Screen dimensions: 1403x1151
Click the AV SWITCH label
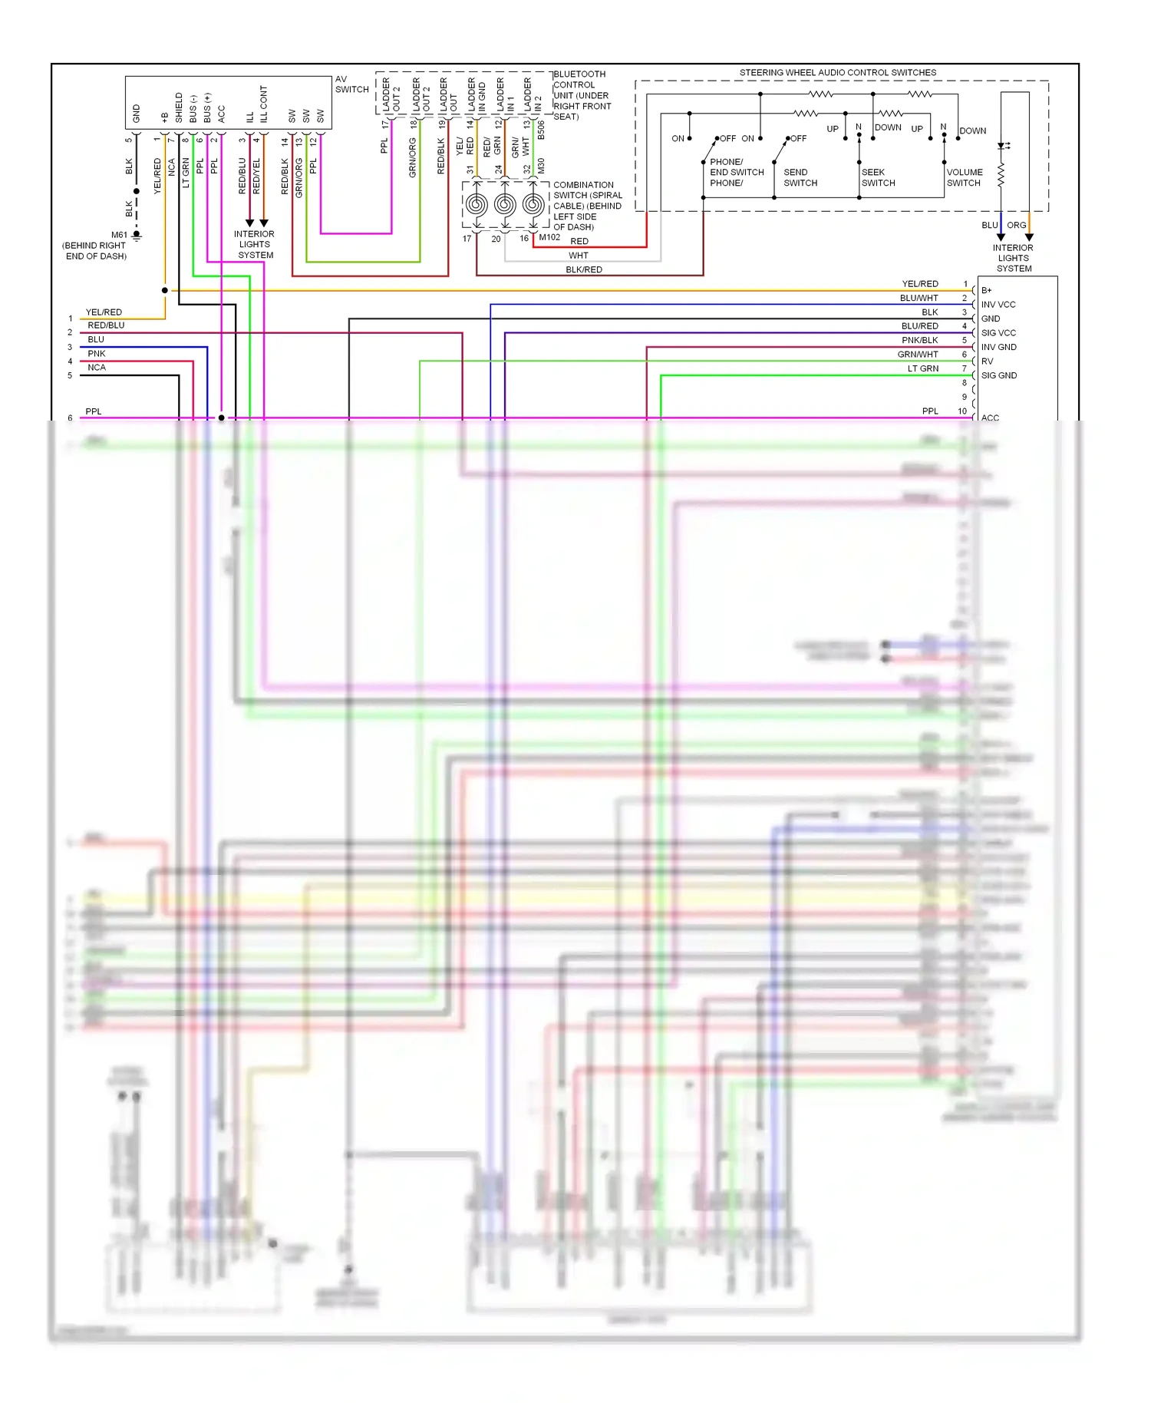tap(351, 84)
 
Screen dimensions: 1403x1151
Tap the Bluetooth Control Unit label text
tap(582, 95)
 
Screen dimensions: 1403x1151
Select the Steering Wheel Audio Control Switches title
tap(837, 73)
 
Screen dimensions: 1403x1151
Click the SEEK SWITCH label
tap(878, 177)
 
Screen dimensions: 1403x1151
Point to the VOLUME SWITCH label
tap(965, 177)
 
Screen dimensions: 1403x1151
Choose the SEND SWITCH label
tap(800, 177)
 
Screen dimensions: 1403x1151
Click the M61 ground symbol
tap(137, 236)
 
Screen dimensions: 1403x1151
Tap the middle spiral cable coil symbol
tap(504, 204)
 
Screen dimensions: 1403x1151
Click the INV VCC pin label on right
tap(998, 305)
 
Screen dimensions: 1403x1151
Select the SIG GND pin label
tap(998, 375)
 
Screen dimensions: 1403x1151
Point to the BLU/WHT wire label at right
tap(918, 298)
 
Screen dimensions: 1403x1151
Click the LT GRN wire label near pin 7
tap(922, 368)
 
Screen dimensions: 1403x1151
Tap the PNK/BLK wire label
tap(919, 340)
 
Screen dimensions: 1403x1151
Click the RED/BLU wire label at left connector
tap(106, 325)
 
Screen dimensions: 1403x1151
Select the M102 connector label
tap(549, 237)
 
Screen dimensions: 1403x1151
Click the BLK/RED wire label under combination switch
tap(584, 269)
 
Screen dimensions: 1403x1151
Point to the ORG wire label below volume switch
tap(1016, 225)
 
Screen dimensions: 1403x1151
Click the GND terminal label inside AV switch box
tap(137, 114)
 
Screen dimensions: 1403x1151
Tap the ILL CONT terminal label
tap(263, 104)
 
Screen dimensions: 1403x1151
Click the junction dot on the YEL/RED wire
tap(165, 290)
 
